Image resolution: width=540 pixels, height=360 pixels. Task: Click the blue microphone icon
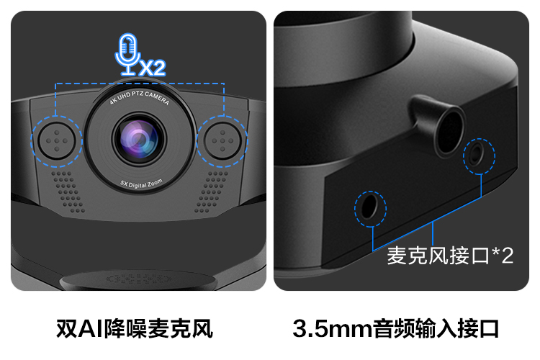click(x=127, y=53)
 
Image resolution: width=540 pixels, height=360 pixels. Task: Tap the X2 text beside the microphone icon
click(x=151, y=68)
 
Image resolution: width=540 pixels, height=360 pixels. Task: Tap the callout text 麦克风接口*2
click(x=450, y=256)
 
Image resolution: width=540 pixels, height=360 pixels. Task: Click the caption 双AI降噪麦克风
click(x=135, y=328)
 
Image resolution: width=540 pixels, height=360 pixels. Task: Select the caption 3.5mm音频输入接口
click(x=396, y=328)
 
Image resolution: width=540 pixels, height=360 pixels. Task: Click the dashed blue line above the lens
click(x=140, y=83)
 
